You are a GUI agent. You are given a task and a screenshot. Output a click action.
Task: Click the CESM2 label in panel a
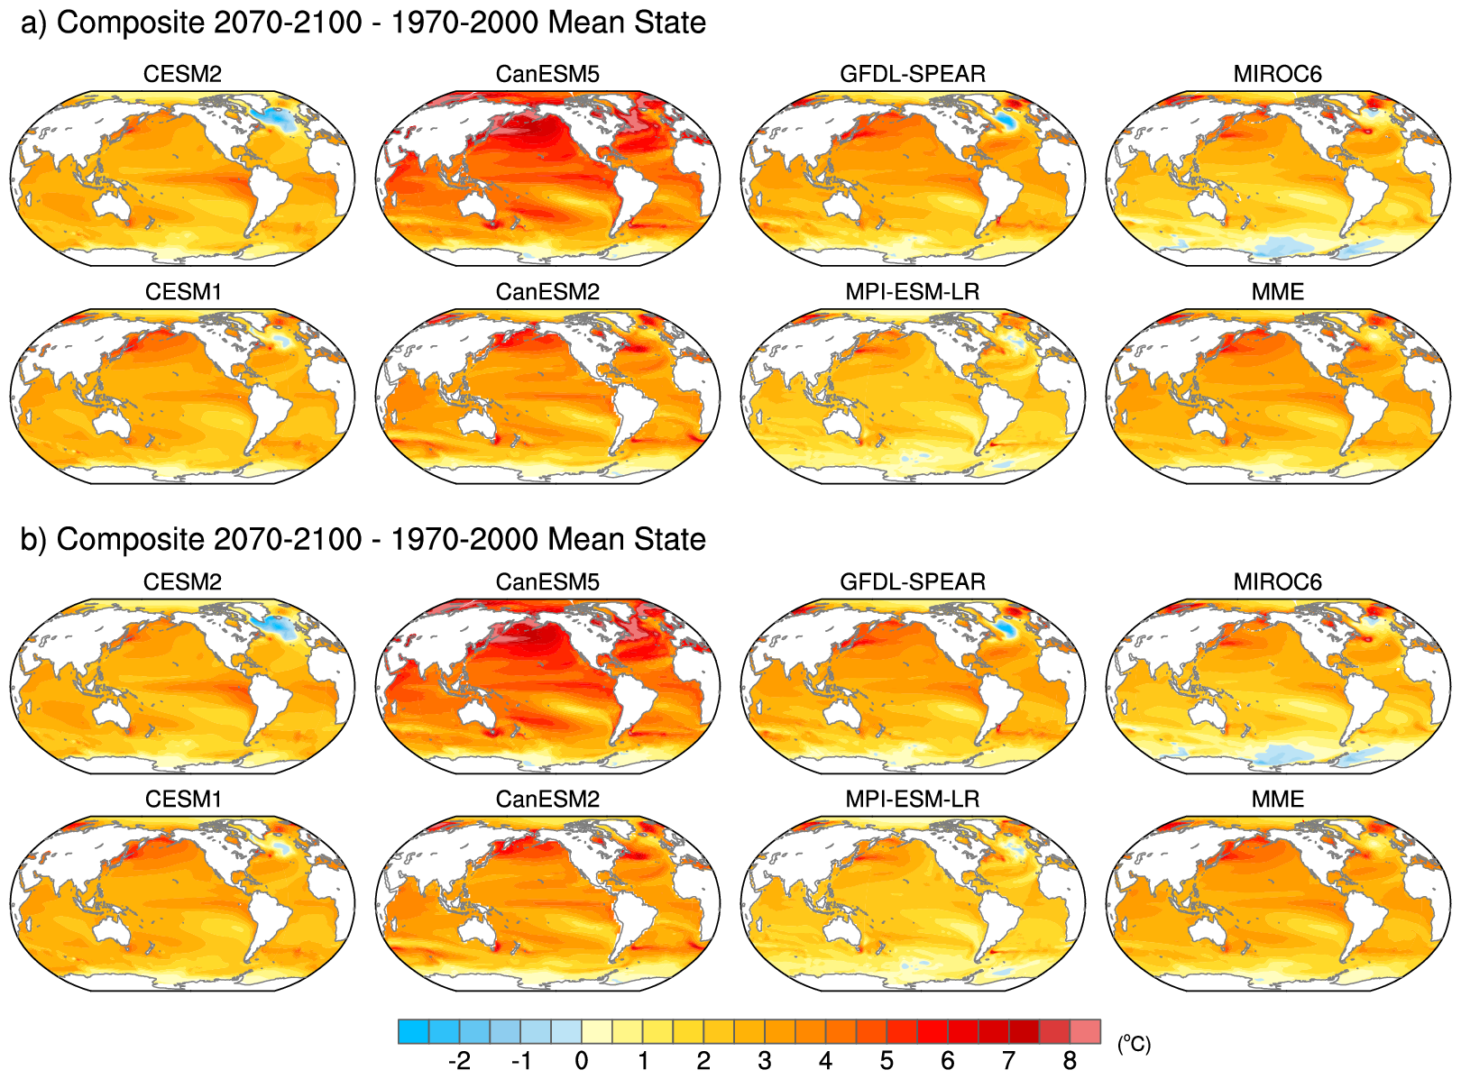(182, 74)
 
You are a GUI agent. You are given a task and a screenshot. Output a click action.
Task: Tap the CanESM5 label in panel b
(547, 581)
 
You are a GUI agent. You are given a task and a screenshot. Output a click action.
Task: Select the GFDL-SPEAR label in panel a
(913, 74)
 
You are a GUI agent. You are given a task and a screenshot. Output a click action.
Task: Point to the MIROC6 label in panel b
(1277, 581)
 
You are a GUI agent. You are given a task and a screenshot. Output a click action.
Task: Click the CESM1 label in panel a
(182, 292)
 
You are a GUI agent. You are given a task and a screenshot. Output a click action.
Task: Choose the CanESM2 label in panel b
(547, 800)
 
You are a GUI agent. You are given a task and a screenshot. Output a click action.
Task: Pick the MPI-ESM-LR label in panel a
(913, 292)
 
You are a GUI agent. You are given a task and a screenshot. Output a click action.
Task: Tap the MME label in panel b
(1277, 800)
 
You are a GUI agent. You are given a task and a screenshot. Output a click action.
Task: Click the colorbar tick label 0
(582, 1061)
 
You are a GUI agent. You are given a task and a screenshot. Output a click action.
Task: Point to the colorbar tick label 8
(1070, 1061)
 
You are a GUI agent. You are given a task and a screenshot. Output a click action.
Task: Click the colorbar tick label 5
(887, 1061)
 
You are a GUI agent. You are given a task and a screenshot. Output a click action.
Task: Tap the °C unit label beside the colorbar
(1134, 1044)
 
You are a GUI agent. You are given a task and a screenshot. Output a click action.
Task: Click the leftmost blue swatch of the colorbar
(413, 1031)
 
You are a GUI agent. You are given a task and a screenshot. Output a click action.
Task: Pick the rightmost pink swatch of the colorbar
(1085, 1031)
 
